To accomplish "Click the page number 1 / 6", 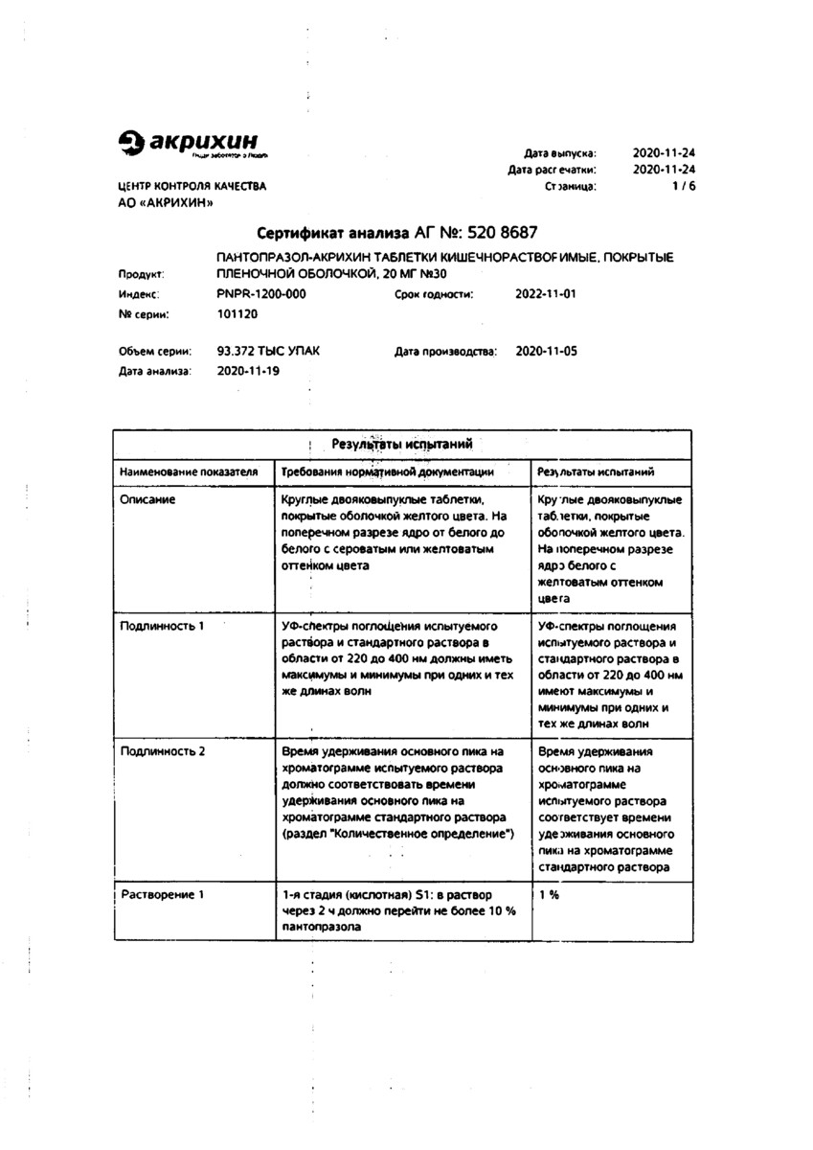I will pos(684,187).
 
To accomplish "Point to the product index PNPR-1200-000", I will pos(261,294).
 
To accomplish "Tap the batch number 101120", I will pos(237,313).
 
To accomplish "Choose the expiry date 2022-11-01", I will pos(546,294).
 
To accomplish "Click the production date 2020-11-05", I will pos(546,352).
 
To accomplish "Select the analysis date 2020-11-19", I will pos(248,371).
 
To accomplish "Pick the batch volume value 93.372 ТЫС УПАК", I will pos(269,352).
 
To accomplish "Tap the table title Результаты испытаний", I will pos(401,445).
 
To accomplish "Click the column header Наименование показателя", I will pos(189,472).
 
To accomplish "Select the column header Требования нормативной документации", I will pos(388,472).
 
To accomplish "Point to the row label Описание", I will pos(147,500).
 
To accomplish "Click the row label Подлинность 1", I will pos(162,626).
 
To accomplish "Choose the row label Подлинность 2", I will pos(163,751).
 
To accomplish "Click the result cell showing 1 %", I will pos(549,894).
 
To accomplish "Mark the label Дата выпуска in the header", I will pos(560,153).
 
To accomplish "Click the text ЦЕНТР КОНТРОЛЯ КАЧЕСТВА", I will pos(192,187).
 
